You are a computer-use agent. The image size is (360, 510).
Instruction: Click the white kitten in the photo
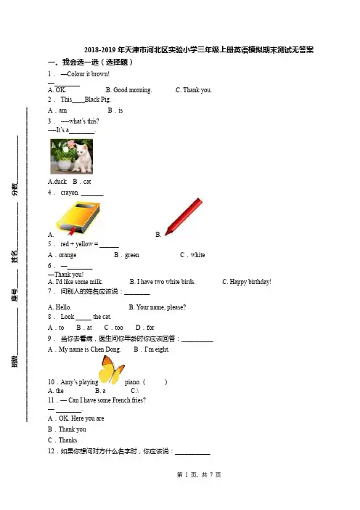83,158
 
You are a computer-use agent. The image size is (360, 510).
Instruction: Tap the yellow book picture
78,218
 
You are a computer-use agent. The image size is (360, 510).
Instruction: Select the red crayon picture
183,216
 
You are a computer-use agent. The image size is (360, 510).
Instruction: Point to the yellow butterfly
111,370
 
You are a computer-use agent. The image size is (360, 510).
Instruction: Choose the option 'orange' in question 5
67,255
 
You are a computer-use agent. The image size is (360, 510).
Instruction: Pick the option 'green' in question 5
132,255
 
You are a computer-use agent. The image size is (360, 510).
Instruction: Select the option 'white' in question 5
198,255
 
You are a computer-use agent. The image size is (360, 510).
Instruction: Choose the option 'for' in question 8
150,328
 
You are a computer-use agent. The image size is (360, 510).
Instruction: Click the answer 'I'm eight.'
157,349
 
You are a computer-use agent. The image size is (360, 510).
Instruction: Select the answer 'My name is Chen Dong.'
90,349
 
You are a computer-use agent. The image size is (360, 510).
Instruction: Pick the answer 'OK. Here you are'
81,418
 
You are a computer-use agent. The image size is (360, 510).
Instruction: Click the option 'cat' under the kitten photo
87,182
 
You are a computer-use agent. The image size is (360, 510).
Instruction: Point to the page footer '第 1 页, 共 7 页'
199,475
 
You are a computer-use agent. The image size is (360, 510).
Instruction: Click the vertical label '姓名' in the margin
15,256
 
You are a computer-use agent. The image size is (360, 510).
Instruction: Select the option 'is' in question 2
120,110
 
